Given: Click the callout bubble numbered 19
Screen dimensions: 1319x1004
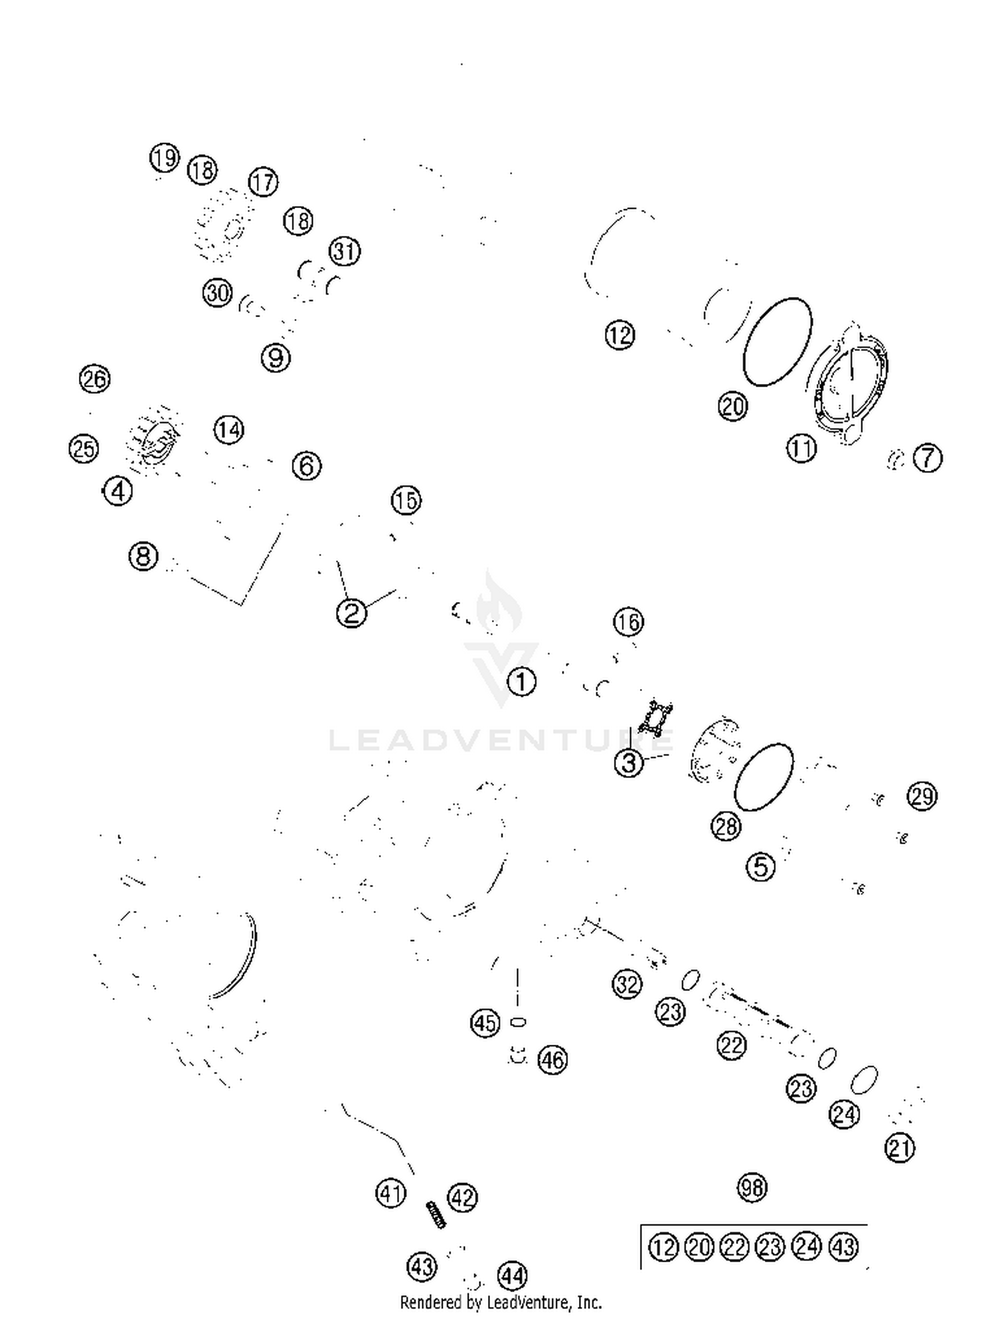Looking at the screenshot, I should coord(164,158).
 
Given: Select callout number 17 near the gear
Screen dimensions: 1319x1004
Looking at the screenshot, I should coord(263,182).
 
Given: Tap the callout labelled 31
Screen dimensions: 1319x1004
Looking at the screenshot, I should coord(345,251).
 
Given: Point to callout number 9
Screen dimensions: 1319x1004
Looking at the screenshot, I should coord(276,358).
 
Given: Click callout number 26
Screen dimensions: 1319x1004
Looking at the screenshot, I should coord(94,379).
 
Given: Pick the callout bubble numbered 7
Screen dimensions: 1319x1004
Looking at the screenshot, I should coord(928,458).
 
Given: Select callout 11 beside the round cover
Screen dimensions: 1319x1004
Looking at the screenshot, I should coord(801,448).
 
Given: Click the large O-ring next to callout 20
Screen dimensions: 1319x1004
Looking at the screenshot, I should coord(777,342).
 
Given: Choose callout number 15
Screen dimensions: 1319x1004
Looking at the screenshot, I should coord(406,500).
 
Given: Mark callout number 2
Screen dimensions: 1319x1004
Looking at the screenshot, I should coord(351,612).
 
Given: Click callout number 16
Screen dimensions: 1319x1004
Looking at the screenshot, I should coord(628,622).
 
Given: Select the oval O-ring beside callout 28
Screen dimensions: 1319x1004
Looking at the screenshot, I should coord(764,777).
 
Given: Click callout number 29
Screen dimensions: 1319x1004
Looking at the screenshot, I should coord(922,796).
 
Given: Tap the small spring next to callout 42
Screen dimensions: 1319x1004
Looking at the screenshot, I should coord(436,1214).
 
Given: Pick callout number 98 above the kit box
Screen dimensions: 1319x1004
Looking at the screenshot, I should coord(752,1189).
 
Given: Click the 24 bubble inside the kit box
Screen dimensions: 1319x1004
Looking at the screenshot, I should coord(807,1247).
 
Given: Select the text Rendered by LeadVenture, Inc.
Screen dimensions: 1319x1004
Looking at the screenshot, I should coord(501,1302).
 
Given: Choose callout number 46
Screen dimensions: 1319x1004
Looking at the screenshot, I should coord(552,1059).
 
